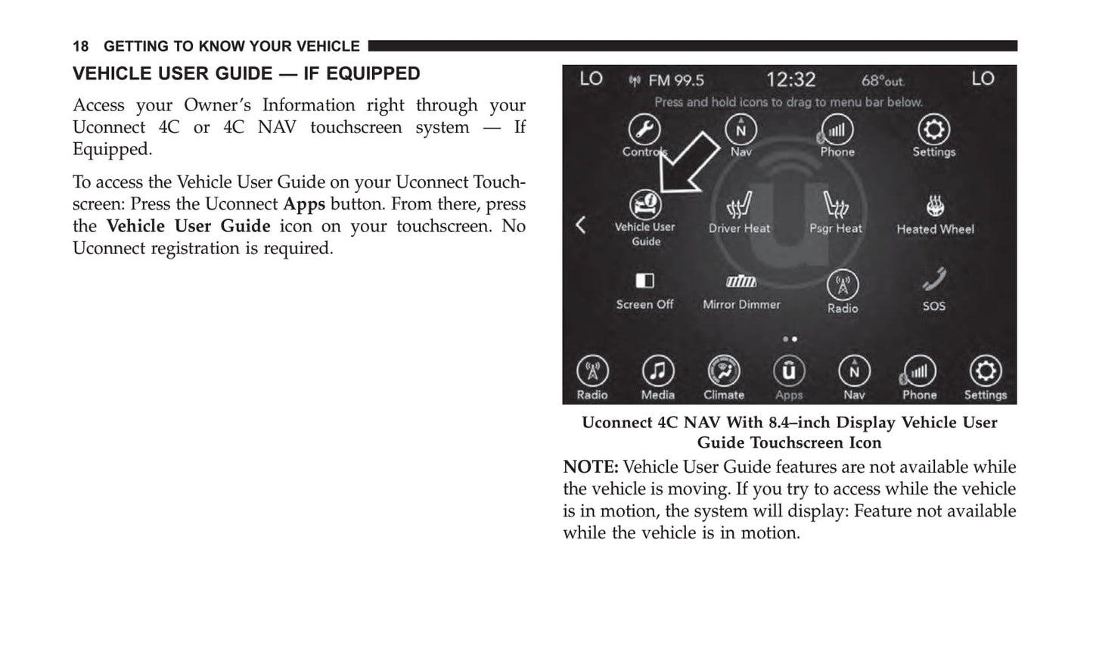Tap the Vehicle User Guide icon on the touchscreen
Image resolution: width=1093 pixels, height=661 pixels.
[x=644, y=205]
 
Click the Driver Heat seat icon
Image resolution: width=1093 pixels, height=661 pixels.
[x=739, y=205]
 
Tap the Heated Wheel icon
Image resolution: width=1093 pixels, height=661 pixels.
[x=935, y=206]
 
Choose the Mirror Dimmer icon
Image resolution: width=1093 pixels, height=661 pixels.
[x=741, y=281]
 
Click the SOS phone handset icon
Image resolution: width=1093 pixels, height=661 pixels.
[x=934, y=281]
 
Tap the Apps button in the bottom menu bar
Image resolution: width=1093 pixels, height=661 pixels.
[x=788, y=371]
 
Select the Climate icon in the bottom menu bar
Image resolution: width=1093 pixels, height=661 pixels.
[x=724, y=371]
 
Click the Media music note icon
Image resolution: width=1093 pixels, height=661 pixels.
[x=658, y=371]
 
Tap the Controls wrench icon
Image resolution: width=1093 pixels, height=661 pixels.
[x=644, y=129]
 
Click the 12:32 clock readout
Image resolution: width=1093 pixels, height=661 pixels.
[x=790, y=79]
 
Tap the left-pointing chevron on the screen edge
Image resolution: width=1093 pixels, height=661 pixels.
[x=581, y=225]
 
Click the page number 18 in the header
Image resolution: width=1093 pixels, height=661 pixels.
[x=80, y=46]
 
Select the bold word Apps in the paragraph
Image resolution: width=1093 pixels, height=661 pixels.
[x=304, y=204]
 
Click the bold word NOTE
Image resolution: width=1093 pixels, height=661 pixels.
[x=590, y=467]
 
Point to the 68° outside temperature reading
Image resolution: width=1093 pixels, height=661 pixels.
[x=882, y=80]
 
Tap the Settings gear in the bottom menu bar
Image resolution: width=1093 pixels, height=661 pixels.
[x=985, y=371]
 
